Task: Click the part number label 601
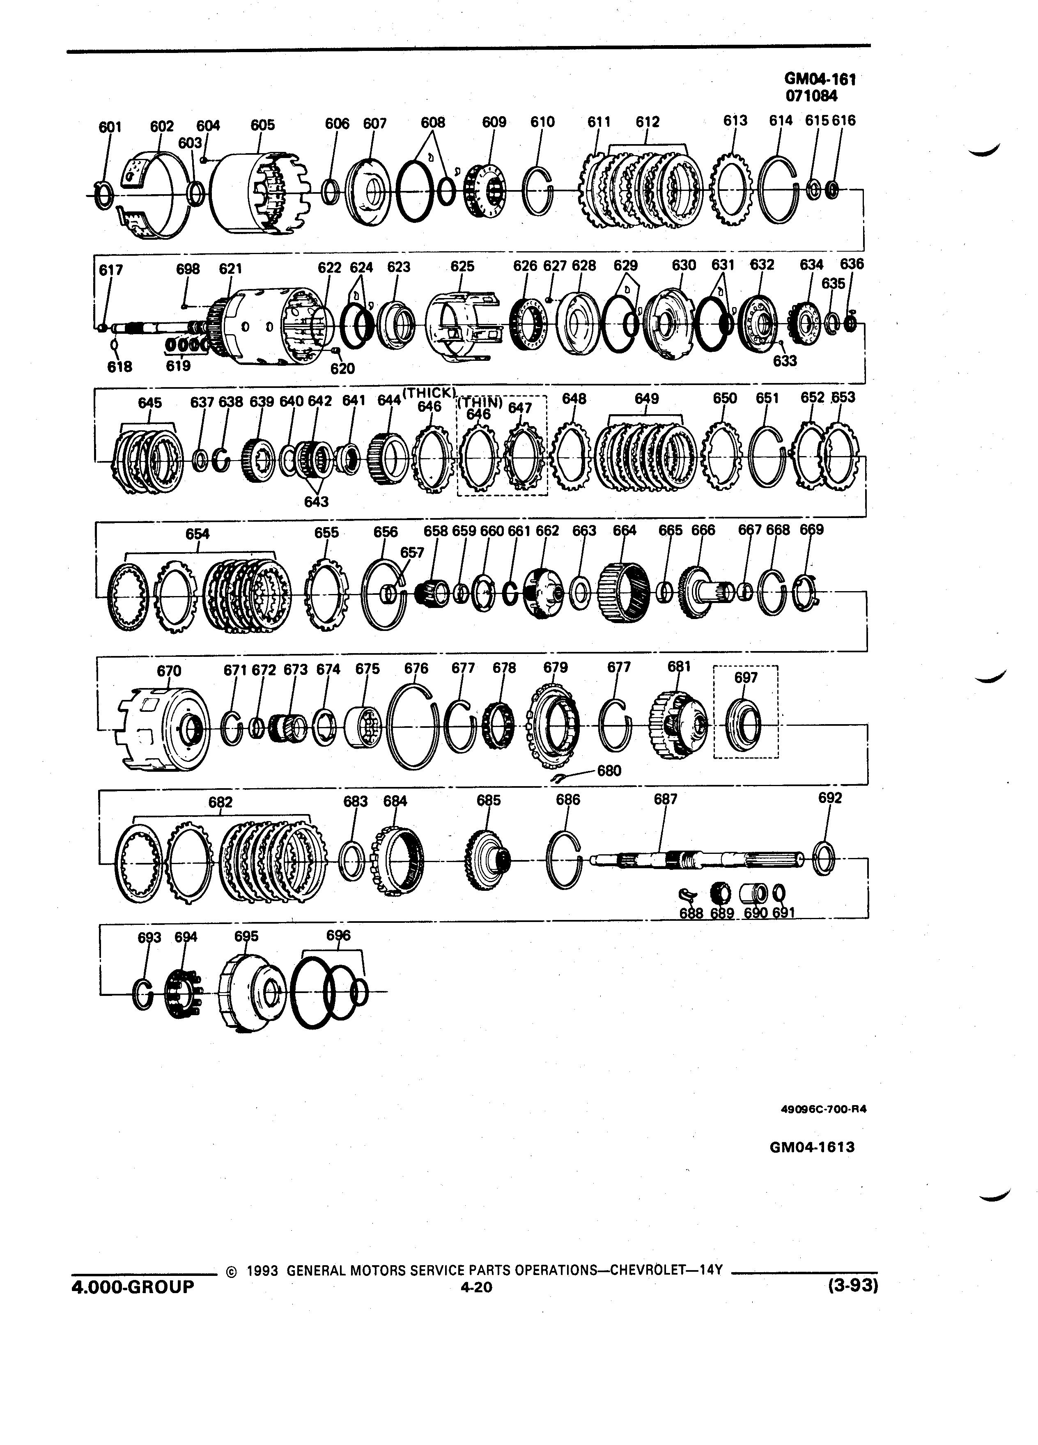click(110, 127)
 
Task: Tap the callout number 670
click(169, 671)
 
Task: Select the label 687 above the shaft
click(666, 799)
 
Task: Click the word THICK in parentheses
click(428, 392)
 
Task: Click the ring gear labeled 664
click(625, 594)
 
